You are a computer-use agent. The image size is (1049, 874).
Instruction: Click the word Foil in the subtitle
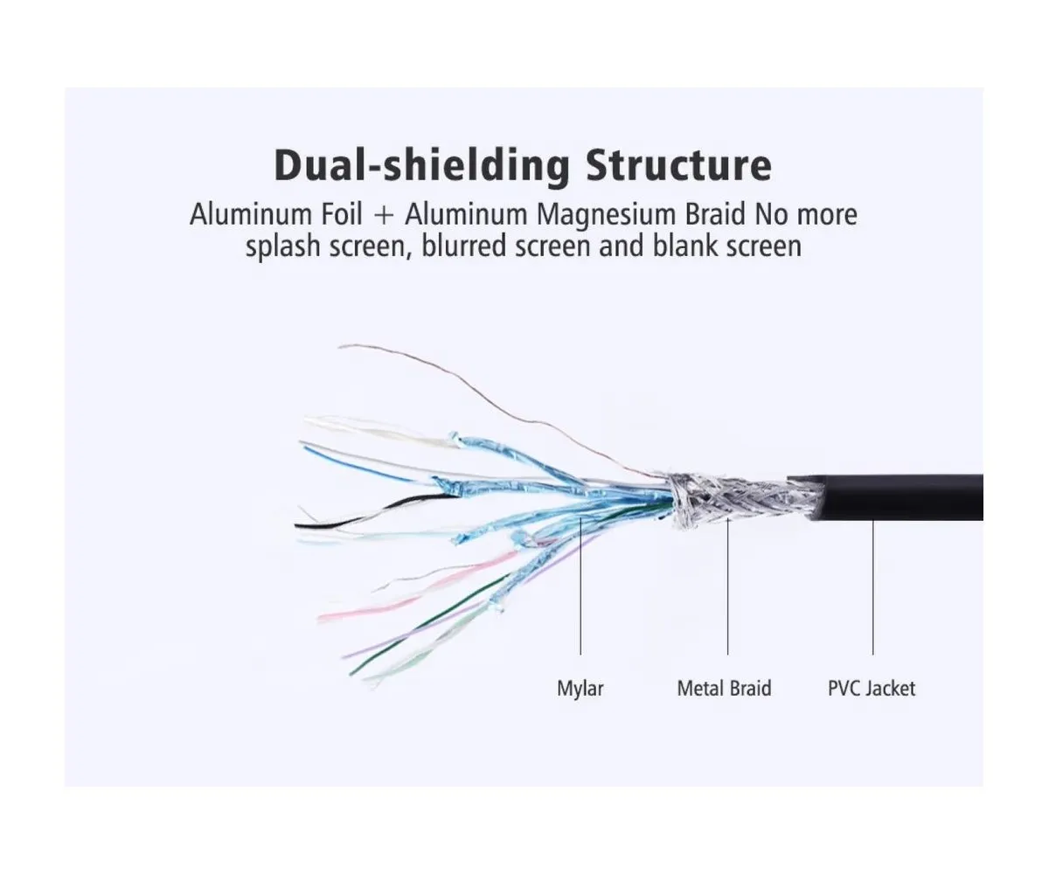342,214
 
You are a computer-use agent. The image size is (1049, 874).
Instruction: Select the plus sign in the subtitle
384,215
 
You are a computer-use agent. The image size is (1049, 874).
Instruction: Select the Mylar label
580,689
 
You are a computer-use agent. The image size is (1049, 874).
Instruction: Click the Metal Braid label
724,689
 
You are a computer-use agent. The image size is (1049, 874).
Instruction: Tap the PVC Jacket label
872,689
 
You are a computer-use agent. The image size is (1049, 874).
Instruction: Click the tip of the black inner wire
299,526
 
